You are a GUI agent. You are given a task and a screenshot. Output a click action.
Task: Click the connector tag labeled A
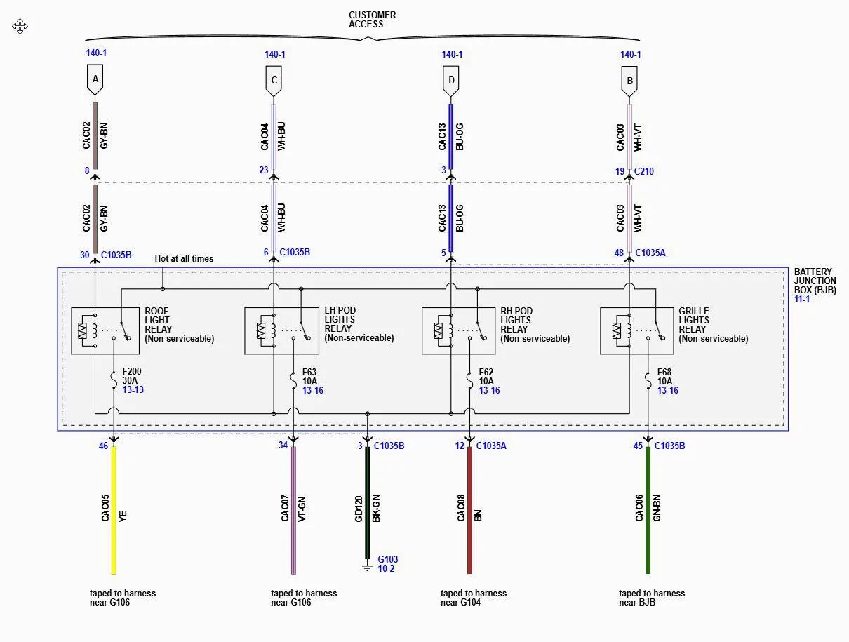pos(95,80)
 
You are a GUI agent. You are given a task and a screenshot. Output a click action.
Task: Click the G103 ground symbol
pos(367,566)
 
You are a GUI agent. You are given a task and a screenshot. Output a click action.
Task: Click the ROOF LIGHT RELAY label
pos(179,325)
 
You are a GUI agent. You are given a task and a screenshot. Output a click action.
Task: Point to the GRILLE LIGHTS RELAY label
pos(713,325)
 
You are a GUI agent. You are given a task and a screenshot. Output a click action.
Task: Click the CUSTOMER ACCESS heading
pos(372,20)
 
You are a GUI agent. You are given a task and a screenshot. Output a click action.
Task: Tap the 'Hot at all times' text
pos(184,259)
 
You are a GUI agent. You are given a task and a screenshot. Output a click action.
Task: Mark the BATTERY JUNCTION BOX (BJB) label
pos(815,281)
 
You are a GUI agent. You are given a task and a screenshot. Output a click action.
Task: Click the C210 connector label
pos(644,171)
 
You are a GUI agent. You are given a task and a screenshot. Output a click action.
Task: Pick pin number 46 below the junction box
pos(104,446)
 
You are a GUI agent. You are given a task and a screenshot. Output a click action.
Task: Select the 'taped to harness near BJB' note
pos(652,598)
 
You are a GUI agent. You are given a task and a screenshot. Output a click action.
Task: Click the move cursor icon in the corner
pos(20,27)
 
